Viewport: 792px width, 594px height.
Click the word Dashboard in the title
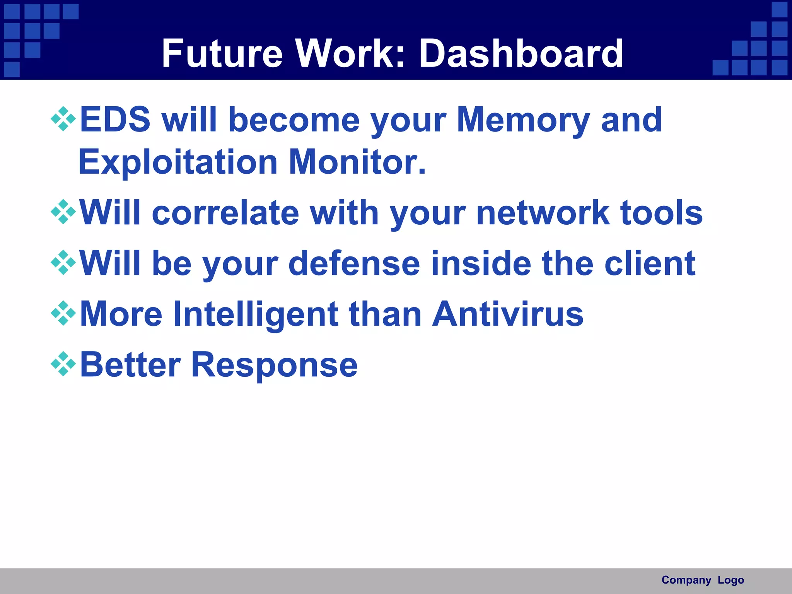click(x=521, y=54)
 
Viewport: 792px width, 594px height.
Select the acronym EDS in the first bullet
click(x=115, y=120)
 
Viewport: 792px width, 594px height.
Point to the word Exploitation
click(x=178, y=162)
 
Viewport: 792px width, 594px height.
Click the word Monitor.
click(x=357, y=162)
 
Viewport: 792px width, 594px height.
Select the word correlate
click(x=225, y=213)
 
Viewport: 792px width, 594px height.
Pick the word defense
click(x=354, y=264)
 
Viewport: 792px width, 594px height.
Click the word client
click(x=650, y=264)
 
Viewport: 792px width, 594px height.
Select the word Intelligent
click(x=256, y=314)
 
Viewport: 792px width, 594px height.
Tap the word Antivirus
click(x=507, y=314)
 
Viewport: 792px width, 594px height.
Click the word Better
click(x=130, y=365)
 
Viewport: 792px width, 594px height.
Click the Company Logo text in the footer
click(x=703, y=580)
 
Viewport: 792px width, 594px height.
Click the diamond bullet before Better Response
click(x=63, y=364)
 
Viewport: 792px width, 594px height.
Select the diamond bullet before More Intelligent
click(x=63, y=313)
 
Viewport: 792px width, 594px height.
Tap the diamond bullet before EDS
click(x=63, y=119)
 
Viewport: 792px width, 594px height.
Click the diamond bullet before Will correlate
click(x=63, y=212)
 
